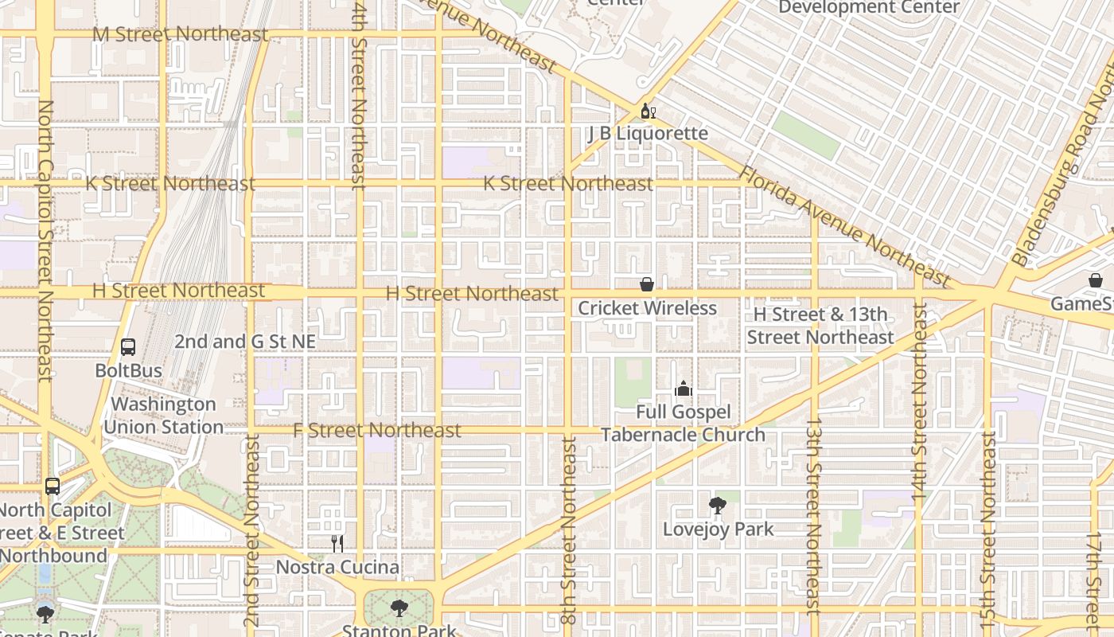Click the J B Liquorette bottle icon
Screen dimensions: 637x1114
(x=645, y=111)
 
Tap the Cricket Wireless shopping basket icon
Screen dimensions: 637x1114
(x=647, y=284)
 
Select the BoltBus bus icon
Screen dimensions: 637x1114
(x=128, y=347)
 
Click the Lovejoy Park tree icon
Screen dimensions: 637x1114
(x=718, y=505)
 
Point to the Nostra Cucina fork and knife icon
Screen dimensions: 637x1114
(x=337, y=544)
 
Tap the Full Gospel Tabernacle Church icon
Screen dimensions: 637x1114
(x=683, y=389)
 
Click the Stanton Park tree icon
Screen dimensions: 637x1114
(x=399, y=608)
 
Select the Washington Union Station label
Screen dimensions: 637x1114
(x=163, y=416)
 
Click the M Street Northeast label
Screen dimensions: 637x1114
(x=180, y=34)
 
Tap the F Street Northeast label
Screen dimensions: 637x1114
(x=377, y=431)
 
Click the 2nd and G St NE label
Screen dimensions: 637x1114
(x=245, y=342)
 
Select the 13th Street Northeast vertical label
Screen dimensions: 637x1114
(x=813, y=518)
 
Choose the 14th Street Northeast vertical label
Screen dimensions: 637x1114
(x=920, y=402)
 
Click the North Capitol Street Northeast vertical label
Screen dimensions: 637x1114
(x=45, y=239)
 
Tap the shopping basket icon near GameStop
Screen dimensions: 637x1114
(x=1096, y=280)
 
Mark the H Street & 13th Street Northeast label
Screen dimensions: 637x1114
(x=820, y=326)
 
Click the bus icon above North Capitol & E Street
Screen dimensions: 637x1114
(x=53, y=486)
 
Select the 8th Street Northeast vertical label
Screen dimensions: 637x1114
(x=568, y=530)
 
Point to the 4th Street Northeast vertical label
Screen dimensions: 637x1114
(x=359, y=96)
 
